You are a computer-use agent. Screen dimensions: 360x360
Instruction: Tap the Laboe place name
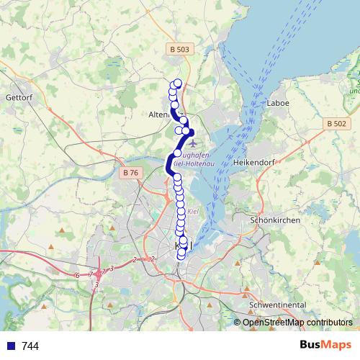[277, 103]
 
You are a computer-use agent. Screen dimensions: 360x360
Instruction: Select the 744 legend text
[30, 346]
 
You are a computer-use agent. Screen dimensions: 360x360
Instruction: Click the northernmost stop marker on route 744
[178, 83]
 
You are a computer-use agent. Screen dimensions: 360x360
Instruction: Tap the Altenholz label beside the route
[158, 114]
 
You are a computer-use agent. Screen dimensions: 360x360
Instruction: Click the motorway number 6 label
[76, 275]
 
